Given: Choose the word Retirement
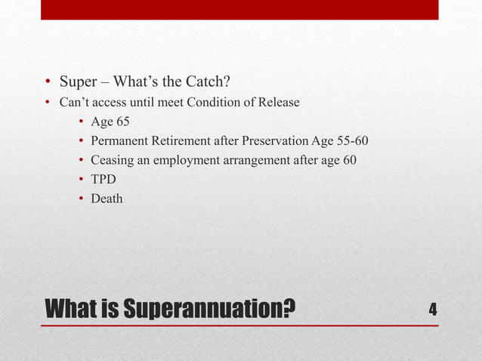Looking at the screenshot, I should click(x=179, y=141).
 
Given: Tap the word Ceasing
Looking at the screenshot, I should click(x=111, y=160).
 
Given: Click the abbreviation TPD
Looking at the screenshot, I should click(x=104, y=180).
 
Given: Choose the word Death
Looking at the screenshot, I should click(x=107, y=199).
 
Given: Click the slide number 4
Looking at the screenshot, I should click(x=433, y=310).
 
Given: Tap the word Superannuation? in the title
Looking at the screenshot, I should click(x=209, y=310).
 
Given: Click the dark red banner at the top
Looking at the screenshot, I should click(x=239, y=9).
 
